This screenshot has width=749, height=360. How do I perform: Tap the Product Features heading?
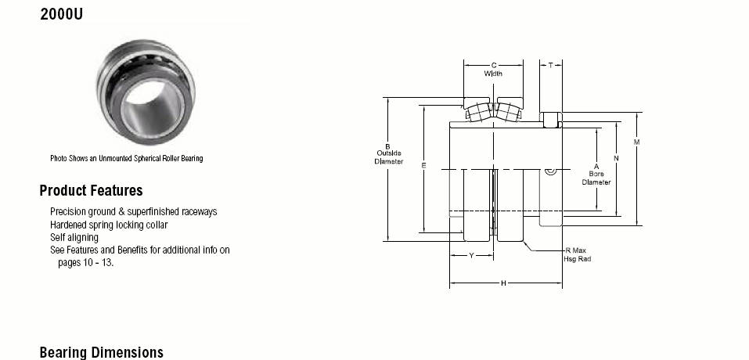pyautogui.click(x=92, y=190)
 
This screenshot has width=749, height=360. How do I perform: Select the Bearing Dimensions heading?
pyautogui.click(x=101, y=352)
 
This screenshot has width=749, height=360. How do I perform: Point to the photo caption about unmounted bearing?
pyautogui.click(x=127, y=158)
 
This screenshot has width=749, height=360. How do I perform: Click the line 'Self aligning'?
pyautogui.click(x=74, y=237)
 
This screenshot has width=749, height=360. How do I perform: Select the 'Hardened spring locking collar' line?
pyautogui.click(x=109, y=225)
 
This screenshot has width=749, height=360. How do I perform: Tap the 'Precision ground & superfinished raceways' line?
pyautogui.click(x=133, y=211)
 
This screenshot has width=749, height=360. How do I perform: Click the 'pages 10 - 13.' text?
pyautogui.click(x=86, y=263)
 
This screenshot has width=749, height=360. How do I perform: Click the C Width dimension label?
pyautogui.click(x=493, y=69)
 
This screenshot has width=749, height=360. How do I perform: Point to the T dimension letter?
pyautogui.click(x=551, y=65)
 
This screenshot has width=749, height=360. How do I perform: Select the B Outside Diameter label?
pyautogui.click(x=388, y=153)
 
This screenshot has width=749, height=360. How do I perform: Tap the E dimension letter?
pyautogui.click(x=423, y=166)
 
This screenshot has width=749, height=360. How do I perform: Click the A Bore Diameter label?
pyautogui.click(x=596, y=175)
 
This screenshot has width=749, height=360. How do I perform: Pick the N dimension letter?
pyautogui.click(x=616, y=158)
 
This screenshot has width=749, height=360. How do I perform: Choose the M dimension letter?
pyautogui.click(x=636, y=142)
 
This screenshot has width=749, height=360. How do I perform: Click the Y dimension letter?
pyautogui.click(x=471, y=255)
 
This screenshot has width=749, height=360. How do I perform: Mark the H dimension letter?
pyautogui.click(x=503, y=283)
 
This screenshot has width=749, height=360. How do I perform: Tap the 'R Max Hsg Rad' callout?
pyautogui.click(x=576, y=254)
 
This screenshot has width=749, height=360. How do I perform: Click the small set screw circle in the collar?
pyautogui.click(x=551, y=171)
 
